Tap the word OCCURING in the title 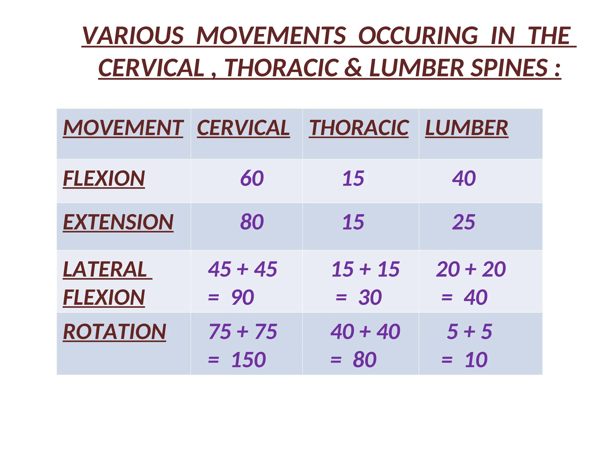[x=418, y=36]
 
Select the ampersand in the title [x=353, y=68]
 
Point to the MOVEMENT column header [x=123, y=128]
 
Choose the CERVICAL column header [x=243, y=128]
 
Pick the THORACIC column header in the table [x=359, y=128]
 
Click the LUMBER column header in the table [x=467, y=128]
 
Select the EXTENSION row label [x=118, y=222]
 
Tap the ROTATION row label [x=115, y=332]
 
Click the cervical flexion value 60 [x=252, y=178]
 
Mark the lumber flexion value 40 [x=464, y=178]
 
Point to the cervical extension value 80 [x=252, y=222]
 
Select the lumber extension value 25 [x=464, y=222]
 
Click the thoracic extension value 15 [x=353, y=222]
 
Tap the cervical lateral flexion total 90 [x=242, y=297]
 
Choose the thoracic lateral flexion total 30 [x=370, y=297]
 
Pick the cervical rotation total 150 [x=249, y=360]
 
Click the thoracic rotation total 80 [x=365, y=360]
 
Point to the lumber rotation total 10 [x=476, y=360]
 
